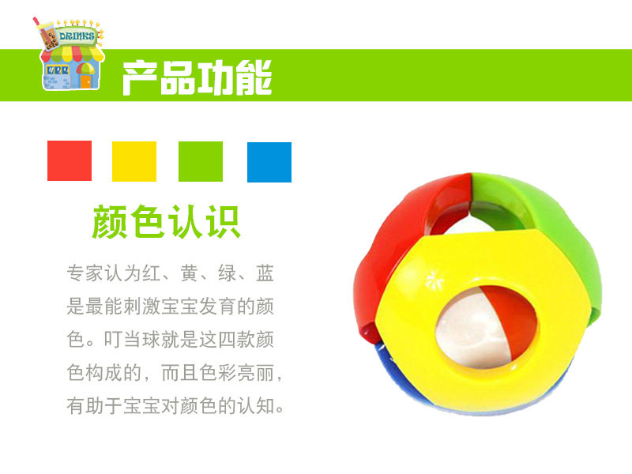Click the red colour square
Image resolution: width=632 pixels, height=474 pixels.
(70, 160)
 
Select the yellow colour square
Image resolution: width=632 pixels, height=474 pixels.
(134, 161)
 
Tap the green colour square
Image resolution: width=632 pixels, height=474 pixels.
(201, 161)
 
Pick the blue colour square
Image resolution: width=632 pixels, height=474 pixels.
(269, 162)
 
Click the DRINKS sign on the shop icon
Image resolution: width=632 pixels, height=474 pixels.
(77, 36)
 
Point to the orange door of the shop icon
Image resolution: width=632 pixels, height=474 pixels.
(86, 81)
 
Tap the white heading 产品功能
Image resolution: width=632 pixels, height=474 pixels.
(197, 77)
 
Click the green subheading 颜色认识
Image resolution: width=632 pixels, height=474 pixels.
(167, 222)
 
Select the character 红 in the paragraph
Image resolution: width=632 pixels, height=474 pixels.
(151, 273)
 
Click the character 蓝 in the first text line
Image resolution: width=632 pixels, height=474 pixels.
(265, 273)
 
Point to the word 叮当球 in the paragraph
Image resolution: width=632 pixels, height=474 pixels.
(132, 340)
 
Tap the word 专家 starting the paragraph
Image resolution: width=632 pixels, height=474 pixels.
(85, 273)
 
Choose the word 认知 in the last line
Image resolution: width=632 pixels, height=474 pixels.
(256, 405)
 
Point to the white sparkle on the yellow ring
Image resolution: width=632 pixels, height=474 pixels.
(434, 279)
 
